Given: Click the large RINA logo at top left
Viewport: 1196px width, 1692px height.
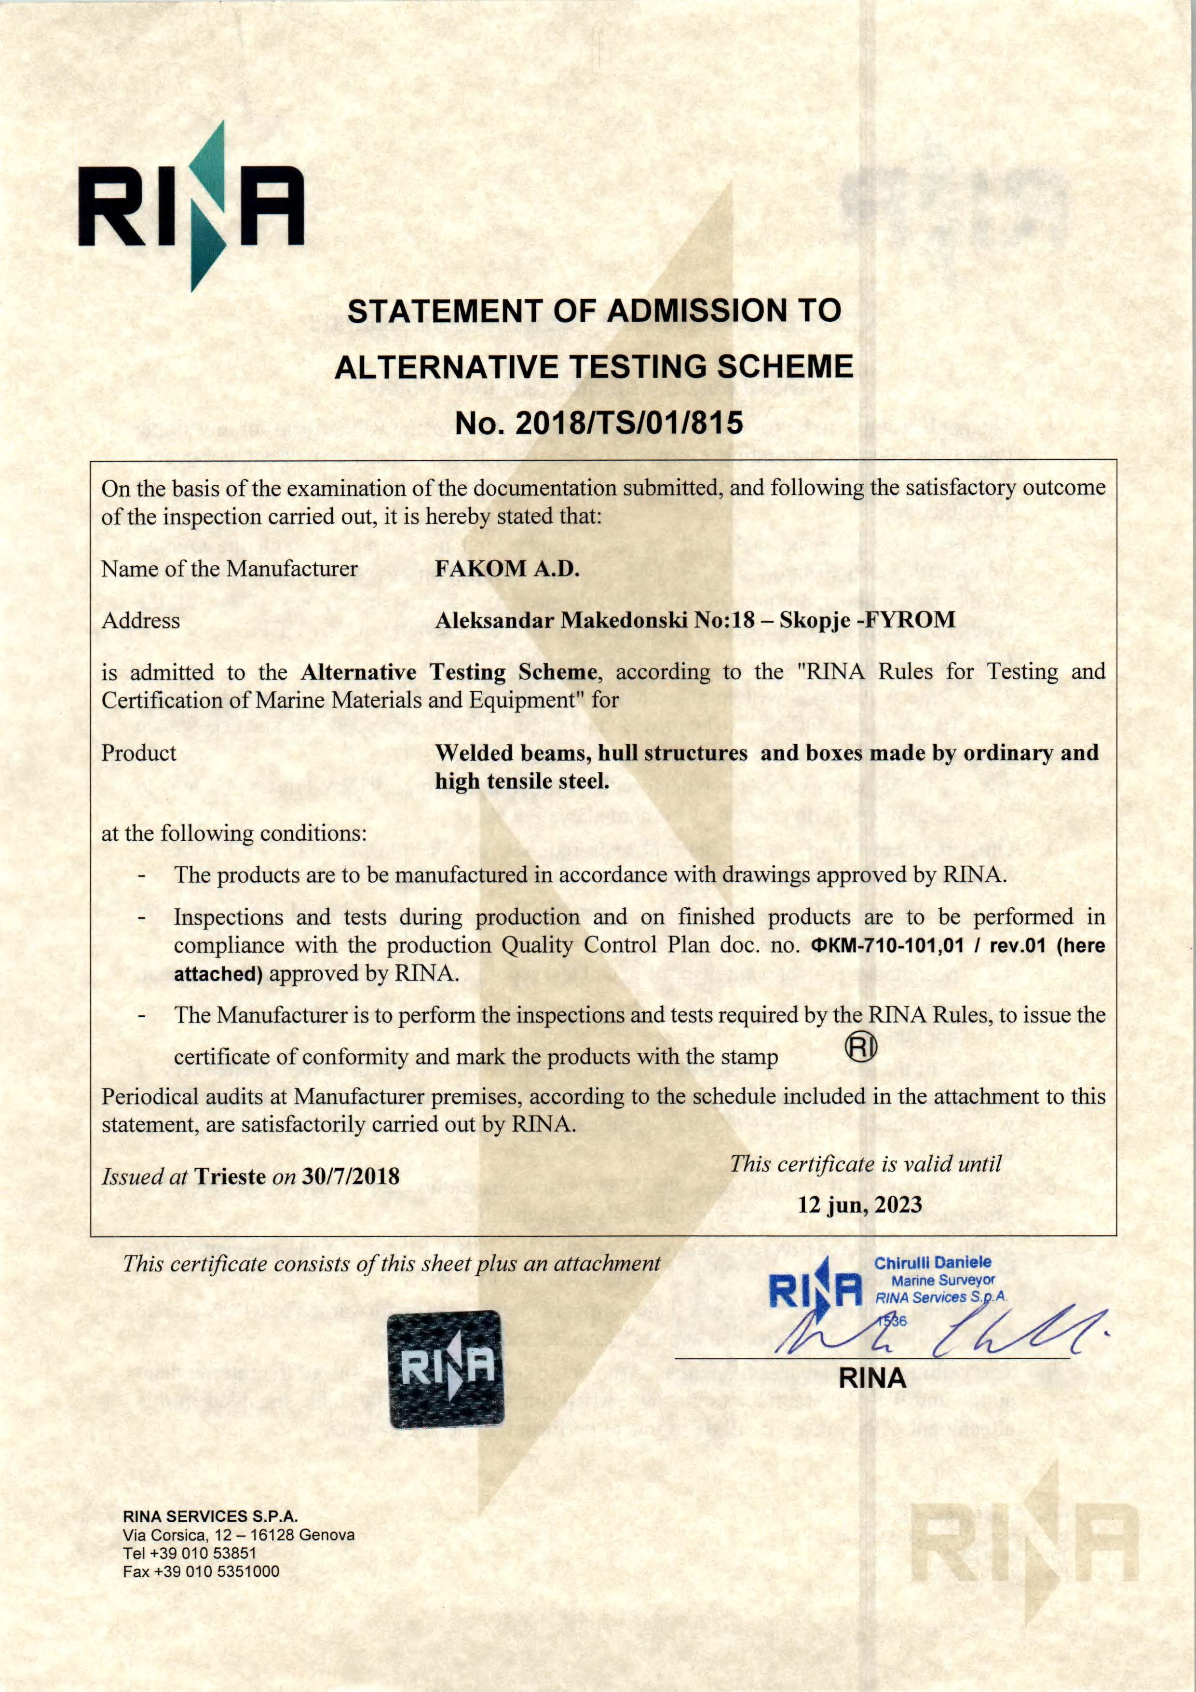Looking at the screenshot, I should [x=191, y=206].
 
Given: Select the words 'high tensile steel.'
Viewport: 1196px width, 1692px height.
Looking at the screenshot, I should [x=522, y=780].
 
